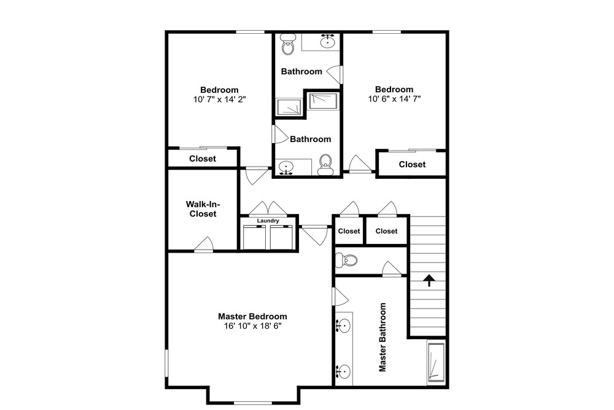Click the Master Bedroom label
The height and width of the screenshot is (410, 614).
(x=252, y=317)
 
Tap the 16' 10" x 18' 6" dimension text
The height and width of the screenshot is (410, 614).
(x=252, y=326)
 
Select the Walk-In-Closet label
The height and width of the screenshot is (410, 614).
(x=203, y=209)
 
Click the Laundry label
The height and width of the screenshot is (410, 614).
(x=268, y=221)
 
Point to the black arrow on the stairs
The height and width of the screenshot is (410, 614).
(x=429, y=280)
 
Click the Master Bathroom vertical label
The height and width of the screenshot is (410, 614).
(x=382, y=337)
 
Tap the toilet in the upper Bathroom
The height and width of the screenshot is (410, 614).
(x=288, y=44)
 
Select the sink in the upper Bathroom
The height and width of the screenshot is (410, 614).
(x=327, y=41)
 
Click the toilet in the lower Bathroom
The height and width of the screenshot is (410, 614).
(x=325, y=165)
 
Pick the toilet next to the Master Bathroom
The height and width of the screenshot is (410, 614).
(x=346, y=260)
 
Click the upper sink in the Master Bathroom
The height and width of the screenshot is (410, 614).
(x=343, y=325)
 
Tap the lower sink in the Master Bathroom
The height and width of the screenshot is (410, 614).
(x=343, y=371)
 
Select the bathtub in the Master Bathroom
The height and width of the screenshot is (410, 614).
(x=435, y=362)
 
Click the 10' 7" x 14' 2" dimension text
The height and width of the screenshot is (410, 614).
(x=219, y=99)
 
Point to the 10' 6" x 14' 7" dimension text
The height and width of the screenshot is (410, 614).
(x=394, y=98)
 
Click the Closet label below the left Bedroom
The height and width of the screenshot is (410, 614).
(x=203, y=159)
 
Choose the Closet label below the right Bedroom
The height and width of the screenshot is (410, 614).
(x=412, y=165)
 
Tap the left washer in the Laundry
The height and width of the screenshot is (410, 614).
(x=254, y=237)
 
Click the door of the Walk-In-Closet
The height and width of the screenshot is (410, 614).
(x=204, y=245)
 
